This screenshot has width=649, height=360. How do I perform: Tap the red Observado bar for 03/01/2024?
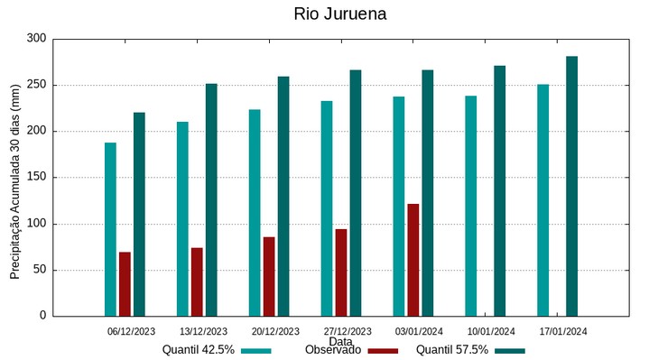point(413,260)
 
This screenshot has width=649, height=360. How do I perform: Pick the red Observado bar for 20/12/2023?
point(269,276)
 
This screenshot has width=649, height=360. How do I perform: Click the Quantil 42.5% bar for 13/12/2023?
point(182,218)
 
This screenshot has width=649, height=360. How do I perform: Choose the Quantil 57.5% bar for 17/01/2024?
point(571,186)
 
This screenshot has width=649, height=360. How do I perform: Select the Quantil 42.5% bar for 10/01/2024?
point(471,206)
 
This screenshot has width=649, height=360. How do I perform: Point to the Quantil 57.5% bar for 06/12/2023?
point(139,214)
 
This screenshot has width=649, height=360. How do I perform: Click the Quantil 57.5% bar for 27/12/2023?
point(356,193)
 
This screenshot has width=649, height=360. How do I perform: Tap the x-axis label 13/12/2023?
point(203,331)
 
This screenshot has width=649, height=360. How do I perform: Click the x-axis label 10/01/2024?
point(491,331)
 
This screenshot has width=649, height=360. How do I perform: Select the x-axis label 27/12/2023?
point(348,331)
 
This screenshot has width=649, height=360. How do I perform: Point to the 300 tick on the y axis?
point(36,39)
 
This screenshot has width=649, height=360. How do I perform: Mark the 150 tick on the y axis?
point(36,178)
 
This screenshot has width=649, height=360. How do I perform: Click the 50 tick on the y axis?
point(39,270)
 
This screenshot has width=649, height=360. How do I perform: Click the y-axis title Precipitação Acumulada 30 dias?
point(15,177)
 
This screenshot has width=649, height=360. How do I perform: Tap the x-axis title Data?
point(340,342)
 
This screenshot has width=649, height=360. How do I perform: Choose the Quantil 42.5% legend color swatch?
point(256,350)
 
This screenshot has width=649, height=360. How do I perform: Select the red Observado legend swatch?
point(383,350)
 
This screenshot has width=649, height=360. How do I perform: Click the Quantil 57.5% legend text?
point(452,350)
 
